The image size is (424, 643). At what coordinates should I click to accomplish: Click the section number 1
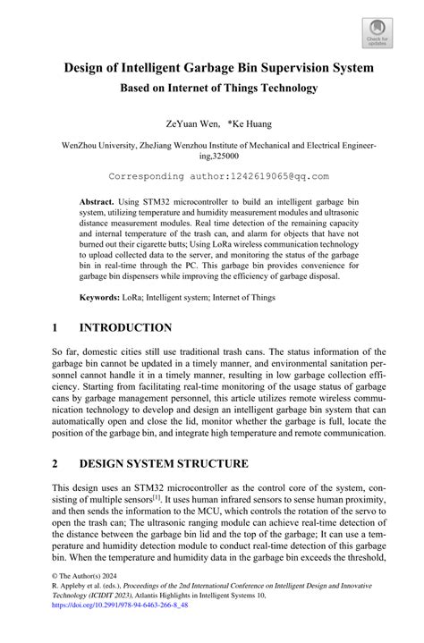(x=55, y=328)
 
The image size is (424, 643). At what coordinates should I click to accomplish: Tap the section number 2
(x=55, y=464)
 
